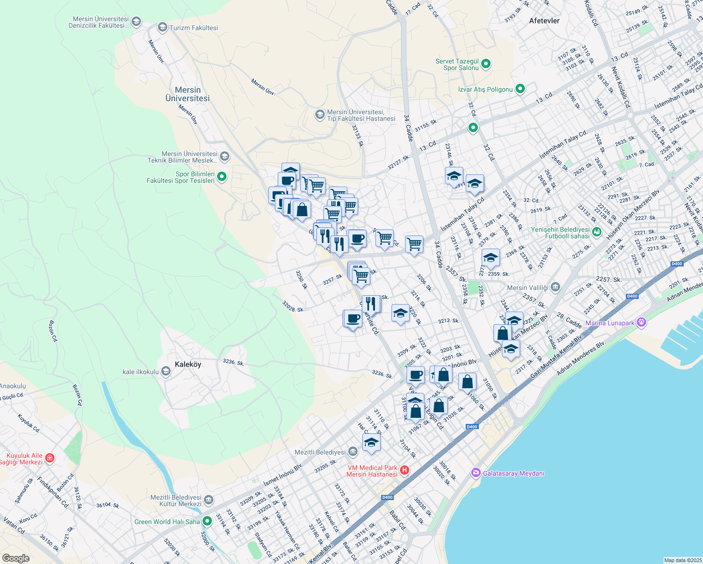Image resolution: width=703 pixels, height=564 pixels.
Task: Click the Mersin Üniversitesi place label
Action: tap(187, 94)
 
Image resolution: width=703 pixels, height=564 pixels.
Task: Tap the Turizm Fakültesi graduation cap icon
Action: tap(163, 27)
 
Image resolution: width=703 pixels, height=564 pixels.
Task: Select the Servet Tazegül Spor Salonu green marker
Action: tap(486, 63)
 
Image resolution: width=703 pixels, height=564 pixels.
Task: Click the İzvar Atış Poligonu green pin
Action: tap(520, 88)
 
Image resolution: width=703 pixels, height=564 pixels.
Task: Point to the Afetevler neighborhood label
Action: tap(544, 21)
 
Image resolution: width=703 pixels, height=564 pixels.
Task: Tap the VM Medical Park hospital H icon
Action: tap(405, 470)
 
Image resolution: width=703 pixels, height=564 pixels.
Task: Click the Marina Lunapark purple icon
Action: tap(642, 322)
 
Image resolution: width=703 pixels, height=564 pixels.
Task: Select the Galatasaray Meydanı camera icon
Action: tap(476, 472)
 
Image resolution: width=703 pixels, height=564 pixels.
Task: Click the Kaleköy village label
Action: tap(188, 364)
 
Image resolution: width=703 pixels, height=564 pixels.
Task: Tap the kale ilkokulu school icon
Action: tap(165, 372)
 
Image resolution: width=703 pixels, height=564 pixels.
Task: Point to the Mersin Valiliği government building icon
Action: tap(555, 287)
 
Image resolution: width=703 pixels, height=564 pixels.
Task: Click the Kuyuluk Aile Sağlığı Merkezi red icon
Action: tap(50, 458)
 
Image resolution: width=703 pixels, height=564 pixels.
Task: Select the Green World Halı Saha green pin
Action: tap(207, 521)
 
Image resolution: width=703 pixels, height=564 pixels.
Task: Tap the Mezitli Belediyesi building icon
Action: tap(353, 452)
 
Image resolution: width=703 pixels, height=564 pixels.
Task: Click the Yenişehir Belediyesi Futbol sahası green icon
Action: tap(597, 232)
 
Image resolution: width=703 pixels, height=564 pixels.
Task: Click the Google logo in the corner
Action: tap(16, 558)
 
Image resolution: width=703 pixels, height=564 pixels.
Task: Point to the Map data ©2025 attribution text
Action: tap(682, 560)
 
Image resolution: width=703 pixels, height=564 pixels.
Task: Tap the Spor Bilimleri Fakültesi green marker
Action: tap(222, 177)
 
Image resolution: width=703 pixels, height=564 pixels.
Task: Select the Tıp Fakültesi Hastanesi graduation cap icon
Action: tap(320, 115)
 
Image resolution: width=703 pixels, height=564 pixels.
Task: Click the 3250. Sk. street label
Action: tap(301, 280)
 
